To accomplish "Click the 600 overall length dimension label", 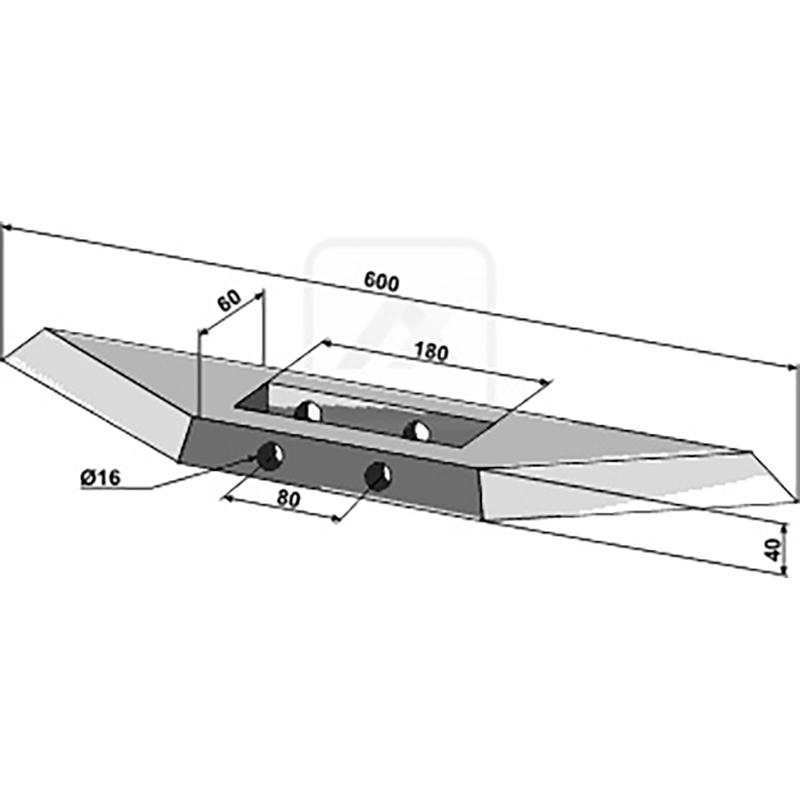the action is click(x=381, y=282).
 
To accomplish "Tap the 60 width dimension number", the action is click(x=229, y=301).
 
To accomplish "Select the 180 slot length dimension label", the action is click(x=431, y=352).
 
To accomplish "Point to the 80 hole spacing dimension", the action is click(x=288, y=499).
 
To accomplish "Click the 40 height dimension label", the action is click(x=774, y=549).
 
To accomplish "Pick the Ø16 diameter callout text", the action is click(x=101, y=478).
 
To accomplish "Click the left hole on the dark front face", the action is click(x=270, y=455).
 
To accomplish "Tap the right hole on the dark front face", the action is click(x=378, y=476).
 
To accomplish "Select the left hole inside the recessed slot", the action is click(x=309, y=411).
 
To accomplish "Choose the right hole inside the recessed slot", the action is click(x=417, y=431).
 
